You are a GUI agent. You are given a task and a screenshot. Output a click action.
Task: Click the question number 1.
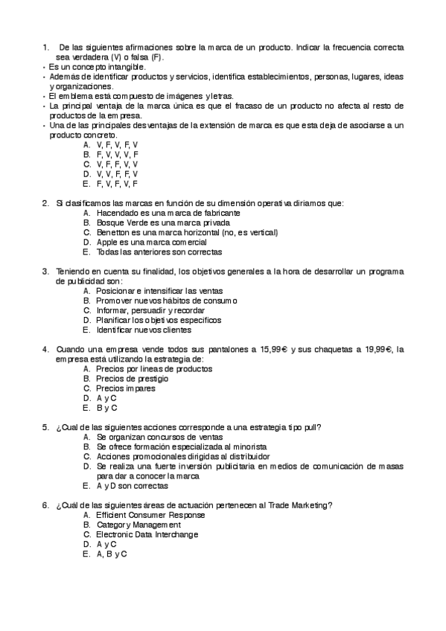46,47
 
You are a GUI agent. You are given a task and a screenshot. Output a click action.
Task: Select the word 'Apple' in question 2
107,242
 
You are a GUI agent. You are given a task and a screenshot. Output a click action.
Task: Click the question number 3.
46,272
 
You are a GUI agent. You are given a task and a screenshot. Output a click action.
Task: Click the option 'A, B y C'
112,554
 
